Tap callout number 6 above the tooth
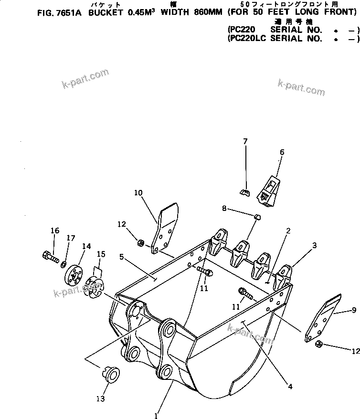point(282,152)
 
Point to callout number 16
point(55,231)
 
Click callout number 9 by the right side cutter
point(354,310)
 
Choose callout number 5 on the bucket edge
point(122,256)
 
